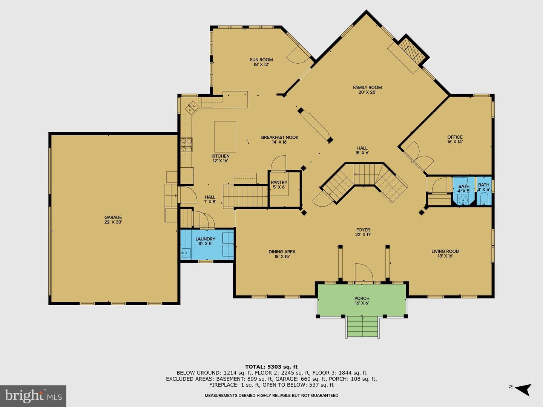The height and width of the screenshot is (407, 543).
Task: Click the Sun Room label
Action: point(261,62)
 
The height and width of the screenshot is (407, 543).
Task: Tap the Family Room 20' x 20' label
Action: point(367,90)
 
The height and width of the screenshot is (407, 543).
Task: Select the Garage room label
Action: point(113,220)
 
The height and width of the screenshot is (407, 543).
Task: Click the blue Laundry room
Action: point(207,244)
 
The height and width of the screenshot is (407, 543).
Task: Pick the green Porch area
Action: point(362,300)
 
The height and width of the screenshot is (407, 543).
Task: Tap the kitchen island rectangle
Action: point(225,137)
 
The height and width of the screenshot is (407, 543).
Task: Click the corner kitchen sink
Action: point(192,108)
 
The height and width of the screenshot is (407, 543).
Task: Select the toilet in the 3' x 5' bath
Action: point(484,199)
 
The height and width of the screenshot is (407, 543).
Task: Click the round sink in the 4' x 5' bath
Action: point(463,200)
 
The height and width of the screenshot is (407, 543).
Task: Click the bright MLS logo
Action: point(33,396)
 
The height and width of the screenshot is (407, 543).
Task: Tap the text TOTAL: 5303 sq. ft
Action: point(271,367)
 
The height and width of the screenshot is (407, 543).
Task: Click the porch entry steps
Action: point(362,327)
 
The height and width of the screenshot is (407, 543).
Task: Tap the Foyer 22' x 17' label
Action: point(363,232)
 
